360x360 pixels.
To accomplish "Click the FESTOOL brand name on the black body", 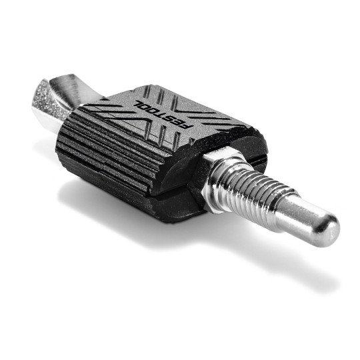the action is tap(163, 114).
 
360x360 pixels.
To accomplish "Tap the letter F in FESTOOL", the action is tap(187, 126).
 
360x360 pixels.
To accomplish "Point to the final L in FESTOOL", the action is tap(139, 103).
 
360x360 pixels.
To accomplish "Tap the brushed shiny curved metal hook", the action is tap(69, 89).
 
